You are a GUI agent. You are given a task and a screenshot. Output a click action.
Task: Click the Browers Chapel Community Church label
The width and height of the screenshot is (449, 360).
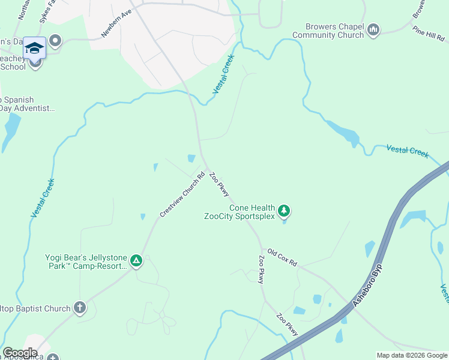click(x=328, y=31)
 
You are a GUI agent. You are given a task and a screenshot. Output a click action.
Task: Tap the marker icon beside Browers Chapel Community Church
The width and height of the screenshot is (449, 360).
click(x=373, y=30)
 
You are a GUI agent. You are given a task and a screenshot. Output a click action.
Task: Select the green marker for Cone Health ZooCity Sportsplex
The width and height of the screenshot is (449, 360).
click(x=285, y=211)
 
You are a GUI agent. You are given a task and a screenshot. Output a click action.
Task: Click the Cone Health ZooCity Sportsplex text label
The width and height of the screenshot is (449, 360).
click(x=239, y=212)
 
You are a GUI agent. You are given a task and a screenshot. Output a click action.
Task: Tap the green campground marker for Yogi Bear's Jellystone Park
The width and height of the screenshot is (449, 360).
click(x=136, y=260)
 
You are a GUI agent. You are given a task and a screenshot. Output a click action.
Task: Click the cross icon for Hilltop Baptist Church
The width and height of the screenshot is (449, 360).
click(x=79, y=308)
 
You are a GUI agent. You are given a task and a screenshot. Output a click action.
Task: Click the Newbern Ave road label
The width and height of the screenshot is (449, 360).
click(x=116, y=24)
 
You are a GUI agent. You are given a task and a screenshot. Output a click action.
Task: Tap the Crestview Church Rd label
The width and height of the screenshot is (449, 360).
click(x=182, y=194)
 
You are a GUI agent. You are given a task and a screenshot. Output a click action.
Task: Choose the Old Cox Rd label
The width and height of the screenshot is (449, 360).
click(x=282, y=258)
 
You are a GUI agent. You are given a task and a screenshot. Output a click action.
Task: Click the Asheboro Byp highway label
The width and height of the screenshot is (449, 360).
click(x=367, y=286)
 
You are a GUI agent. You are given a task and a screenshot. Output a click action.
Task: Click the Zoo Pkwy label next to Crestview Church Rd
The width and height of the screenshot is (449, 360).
click(x=219, y=185)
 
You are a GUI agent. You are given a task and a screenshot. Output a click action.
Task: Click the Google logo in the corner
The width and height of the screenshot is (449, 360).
click(x=20, y=353)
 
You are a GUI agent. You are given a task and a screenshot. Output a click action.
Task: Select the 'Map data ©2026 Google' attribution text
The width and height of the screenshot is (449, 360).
click(x=411, y=355)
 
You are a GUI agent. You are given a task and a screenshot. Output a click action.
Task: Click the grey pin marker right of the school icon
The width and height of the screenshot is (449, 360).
click(x=56, y=41)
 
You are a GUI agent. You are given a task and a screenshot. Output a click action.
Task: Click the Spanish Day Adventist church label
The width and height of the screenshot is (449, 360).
click(x=26, y=104)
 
